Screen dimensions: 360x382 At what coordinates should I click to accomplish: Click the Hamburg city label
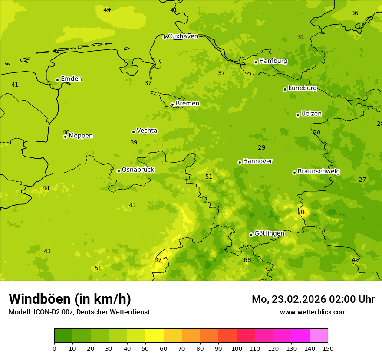click(273, 61)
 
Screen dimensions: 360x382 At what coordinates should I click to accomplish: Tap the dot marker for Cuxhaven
click(165, 37)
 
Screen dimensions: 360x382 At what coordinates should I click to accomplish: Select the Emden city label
click(71, 79)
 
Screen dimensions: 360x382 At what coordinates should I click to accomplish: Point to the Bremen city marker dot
click(172, 105)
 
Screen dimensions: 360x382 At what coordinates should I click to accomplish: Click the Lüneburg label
click(302, 88)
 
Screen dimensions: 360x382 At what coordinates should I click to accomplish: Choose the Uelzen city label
click(311, 114)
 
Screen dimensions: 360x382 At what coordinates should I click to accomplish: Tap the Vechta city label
click(147, 131)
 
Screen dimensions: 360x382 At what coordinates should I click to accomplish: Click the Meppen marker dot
click(65, 137)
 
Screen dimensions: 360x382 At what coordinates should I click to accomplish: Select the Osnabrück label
click(138, 170)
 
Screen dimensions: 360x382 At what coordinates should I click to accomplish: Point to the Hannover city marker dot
click(240, 162)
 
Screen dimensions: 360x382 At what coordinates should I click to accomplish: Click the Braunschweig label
click(319, 171)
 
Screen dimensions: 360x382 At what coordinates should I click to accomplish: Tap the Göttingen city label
click(269, 233)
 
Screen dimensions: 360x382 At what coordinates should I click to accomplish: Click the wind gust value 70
click(301, 213)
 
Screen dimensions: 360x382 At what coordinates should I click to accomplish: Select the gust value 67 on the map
click(158, 260)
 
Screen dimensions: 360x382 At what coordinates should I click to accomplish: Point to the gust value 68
click(247, 260)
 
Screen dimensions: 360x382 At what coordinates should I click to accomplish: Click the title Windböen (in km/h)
click(70, 299)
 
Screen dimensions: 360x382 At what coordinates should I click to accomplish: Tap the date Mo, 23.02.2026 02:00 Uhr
click(313, 299)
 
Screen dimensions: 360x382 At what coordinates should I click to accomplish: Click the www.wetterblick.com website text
click(313, 312)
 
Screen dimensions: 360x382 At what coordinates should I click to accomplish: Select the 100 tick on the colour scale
click(237, 348)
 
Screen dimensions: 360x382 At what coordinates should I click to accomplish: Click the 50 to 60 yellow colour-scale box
click(155, 336)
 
